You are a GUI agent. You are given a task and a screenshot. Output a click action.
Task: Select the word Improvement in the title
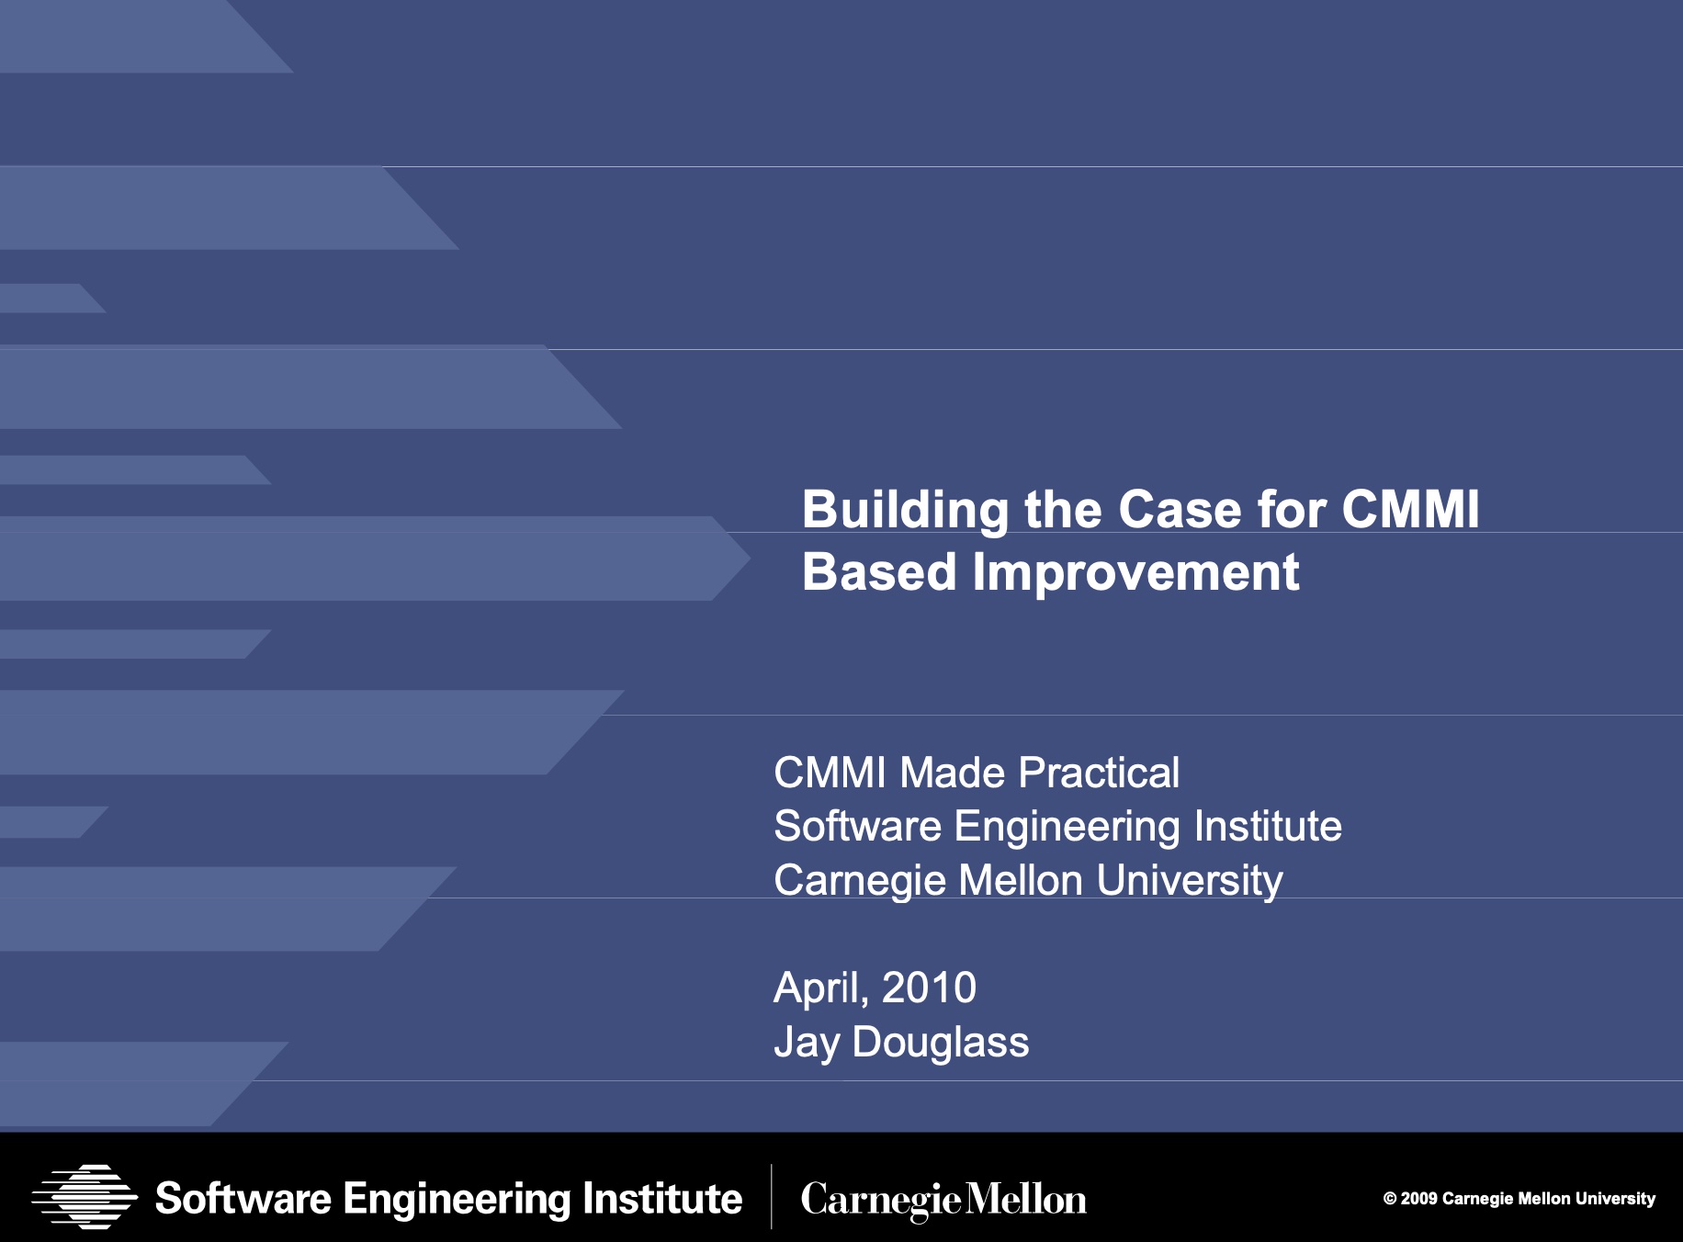pyautogui.click(x=1136, y=573)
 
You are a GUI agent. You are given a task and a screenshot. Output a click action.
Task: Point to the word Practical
pyautogui.click(x=1099, y=773)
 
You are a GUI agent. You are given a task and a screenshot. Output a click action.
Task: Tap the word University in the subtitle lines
pyautogui.click(x=1190, y=881)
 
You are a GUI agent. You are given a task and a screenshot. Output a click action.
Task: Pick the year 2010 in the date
pyautogui.click(x=929, y=988)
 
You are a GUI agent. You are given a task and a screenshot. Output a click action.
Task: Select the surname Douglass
pyautogui.click(x=941, y=1044)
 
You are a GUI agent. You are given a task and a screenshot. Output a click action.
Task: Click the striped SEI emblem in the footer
pyautogui.click(x=85, y=1196)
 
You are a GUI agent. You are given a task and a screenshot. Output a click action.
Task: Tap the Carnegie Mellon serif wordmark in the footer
pyautogui.click(x=943, y=1200)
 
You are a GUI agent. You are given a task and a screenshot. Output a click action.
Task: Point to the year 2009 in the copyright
pyautogui.click(x=1418, y=1198)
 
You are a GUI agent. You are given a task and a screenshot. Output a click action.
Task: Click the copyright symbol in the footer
pyautogui.click(x=1390, y=1198)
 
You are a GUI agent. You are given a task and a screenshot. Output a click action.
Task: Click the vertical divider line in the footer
pyautogui.click(x=771, y=1196)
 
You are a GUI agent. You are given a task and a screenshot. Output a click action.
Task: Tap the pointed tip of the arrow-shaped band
pyautogui.click(x=750, y=558)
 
